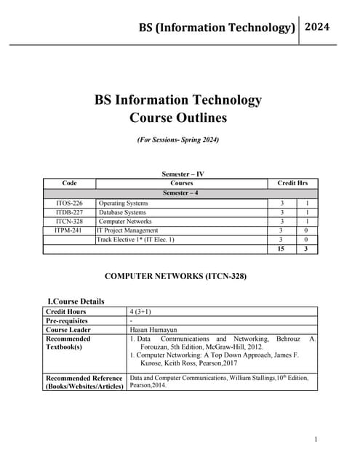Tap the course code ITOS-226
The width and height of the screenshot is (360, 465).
pyautogui.click(x=69, y=203)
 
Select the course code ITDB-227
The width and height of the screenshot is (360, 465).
pyautogui.click(x=69, y=212)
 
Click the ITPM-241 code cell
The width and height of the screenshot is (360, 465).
pyautogui.click(x=69, y=230)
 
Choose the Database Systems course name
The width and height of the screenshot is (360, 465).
pyautogui.click(x=122, y=212)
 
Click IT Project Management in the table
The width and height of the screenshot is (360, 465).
pyautogui.click(x=127, y=230)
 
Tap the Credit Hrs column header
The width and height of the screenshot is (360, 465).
pyautogui.click(x=293, y=184)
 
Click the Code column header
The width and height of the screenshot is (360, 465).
pyautogui.click(x=70, y=184)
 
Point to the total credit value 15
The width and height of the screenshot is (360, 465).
pyautogui.click(x=281, y=248)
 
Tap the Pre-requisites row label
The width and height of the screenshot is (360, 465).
pyautogui.click(x=67, y=320)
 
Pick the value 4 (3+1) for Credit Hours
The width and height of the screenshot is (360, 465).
pyautogui.click(x=140, y=312)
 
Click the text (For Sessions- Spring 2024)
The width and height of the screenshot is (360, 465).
pyautogui.click(x=178, y=139)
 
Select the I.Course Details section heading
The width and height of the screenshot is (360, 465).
pyautogui.click(x=76, y=301)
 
